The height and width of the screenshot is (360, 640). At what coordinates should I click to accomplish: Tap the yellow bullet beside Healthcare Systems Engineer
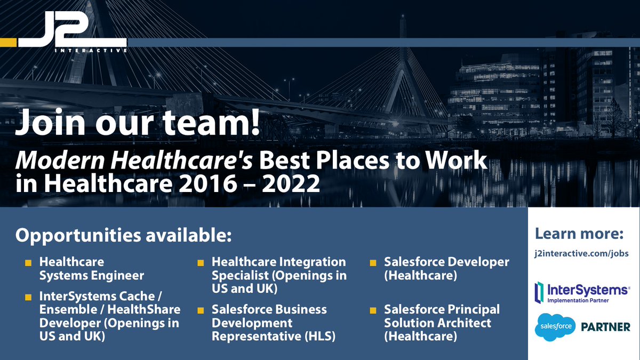pos(28,263)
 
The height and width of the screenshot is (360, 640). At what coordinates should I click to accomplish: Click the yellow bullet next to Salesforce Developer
pos(373,263)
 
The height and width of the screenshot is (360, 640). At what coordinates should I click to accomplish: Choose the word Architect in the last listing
pos(463,323)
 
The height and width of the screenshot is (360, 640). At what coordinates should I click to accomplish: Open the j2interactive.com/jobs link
pos(582,254)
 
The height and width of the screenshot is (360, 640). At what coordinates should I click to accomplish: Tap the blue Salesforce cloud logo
pos(555,325)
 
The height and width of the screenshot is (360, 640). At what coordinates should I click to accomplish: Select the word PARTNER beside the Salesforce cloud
pos(605,326)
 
